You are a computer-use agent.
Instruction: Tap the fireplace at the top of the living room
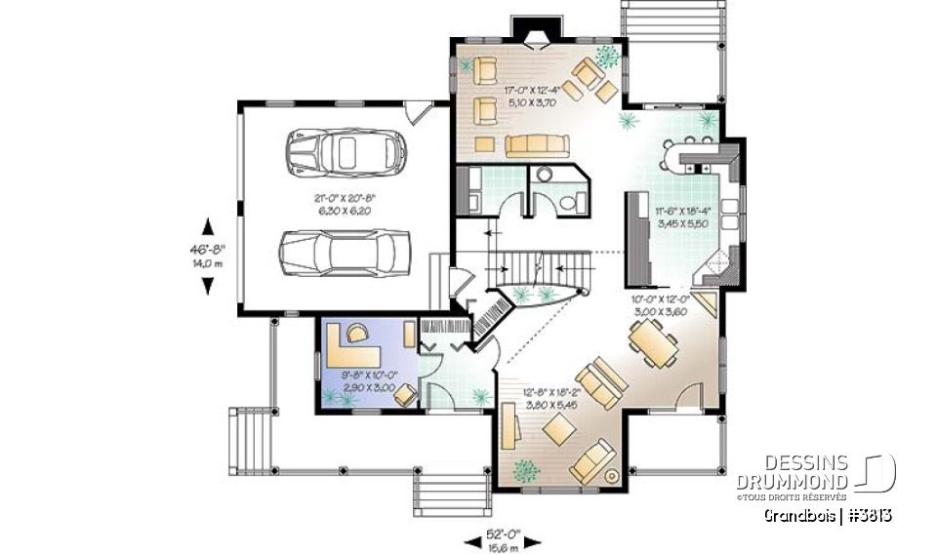point(535,39)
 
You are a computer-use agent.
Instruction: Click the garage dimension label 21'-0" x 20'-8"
point(345,202)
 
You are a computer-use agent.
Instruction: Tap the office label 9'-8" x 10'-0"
point(368,381)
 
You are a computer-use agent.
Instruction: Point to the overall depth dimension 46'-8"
point(207,256)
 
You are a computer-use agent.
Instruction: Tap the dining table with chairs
point(649,341)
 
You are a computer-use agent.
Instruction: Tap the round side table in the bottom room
point(612,477)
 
